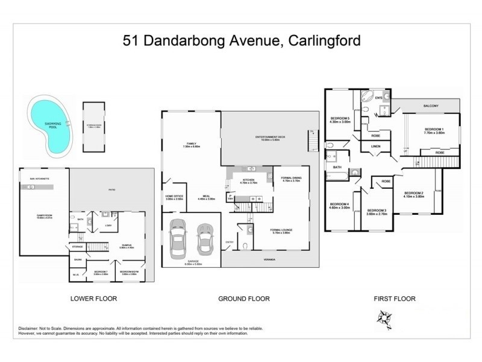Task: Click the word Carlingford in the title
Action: [x=325, y=42]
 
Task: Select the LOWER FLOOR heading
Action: [x=93, y=298]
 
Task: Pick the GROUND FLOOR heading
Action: [x=245, y=298]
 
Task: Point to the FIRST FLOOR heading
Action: [x=395, y=298]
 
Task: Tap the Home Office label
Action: [x=175, y=197]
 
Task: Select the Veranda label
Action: [x=269, y=259]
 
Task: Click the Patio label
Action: [x=112, y=191]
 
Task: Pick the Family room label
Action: [x=190, y=145]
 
